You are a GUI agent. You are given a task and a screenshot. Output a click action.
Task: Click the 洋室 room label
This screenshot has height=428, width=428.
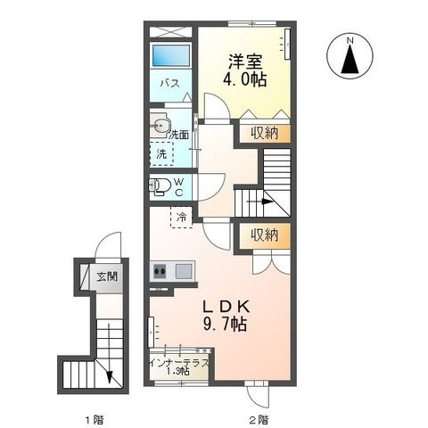pyautogui.click(x=245, y=62)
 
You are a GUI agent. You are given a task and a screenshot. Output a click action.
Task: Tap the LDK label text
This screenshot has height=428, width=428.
pyautogui.click(x=226, y=307)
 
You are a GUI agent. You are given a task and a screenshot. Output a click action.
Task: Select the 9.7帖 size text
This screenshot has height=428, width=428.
pyautogui.click(x=225, y=324)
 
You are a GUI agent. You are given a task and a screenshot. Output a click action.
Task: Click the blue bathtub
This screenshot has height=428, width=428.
pyautogui.click(x=171, y=55)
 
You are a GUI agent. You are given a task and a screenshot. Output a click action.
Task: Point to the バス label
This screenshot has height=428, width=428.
pyautogui.click(x=169, y=83)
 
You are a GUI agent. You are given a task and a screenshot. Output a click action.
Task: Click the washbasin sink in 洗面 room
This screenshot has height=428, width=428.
pyautogui.click(x=161, y=127)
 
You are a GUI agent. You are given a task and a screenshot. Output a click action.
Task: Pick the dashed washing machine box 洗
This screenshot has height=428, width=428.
pyautogui.click(x=161, y=153)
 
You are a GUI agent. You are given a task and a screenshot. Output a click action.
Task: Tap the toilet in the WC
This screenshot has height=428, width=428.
pyautogui.click(x=160, y=186)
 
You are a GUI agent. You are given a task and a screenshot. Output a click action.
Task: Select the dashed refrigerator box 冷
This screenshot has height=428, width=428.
pyautogui.click(x=181, y=218)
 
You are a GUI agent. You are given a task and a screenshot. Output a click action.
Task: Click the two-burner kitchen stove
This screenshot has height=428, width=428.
pyautogui.click(x=160, y=271)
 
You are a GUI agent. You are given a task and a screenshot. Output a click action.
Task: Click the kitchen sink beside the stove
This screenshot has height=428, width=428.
pyautogui.click(x=183, y=271)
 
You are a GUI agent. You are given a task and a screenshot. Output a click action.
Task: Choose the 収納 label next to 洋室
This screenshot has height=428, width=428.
pyautogui.click(x=264, y=133)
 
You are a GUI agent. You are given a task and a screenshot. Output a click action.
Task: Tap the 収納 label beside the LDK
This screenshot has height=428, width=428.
pyautogui.click(x=264, y=235)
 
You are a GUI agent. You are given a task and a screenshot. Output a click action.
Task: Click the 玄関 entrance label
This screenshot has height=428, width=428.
pyautogui.click(x=107, y=277)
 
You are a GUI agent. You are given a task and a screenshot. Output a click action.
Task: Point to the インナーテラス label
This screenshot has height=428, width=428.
pyautogui.click(x=179, y=363)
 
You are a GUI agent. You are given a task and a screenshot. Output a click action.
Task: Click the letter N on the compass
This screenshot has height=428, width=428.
pyautogui.click(x=350, y=41)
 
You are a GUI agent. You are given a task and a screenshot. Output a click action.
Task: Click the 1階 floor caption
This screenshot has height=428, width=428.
pyautogui.click(x=95, y=420)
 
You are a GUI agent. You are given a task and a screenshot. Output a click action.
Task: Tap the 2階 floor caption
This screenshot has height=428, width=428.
pyautogui.click(x=259, y=420)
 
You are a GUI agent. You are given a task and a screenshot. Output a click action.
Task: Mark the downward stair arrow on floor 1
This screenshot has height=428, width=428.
pyautogui.click(x=110, y=353)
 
